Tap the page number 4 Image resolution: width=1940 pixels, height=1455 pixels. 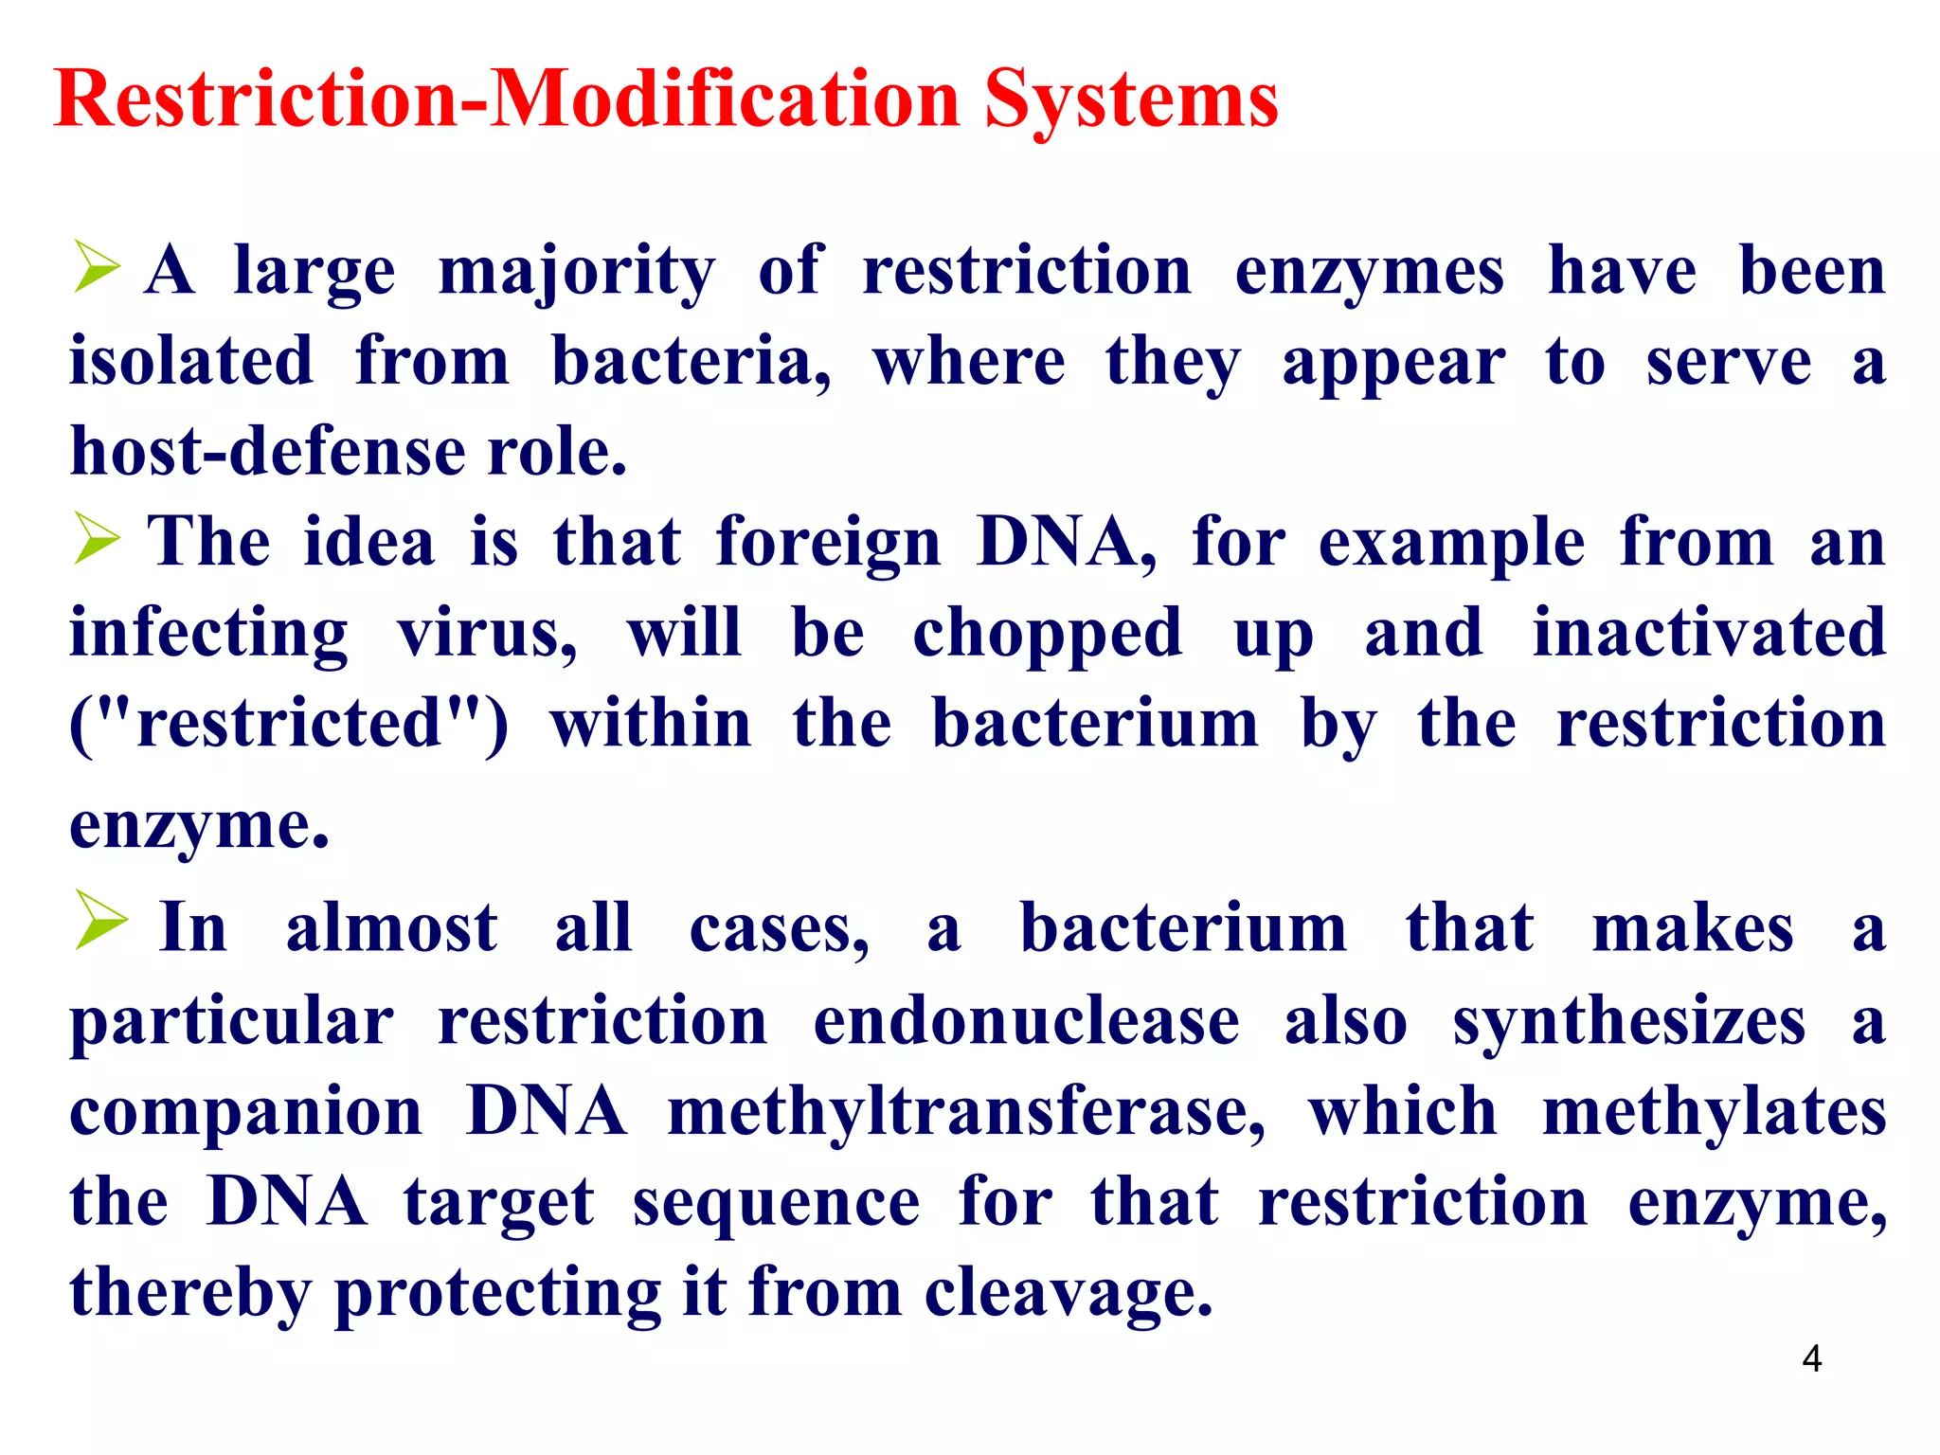[x=1811, y=1359]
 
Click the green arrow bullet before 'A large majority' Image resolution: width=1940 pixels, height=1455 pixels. [x=97, y=267]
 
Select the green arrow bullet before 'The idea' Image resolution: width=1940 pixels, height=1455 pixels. [x=97, y=538]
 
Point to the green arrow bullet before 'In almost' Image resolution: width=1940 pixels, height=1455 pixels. [x=99, y=920]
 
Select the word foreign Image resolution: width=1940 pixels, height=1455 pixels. [x=828, y=543]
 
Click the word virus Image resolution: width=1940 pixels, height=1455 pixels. [x=486, y=633]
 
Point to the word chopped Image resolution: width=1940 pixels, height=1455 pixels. [x=1047, y=633]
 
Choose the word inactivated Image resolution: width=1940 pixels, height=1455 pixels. [x=1709, y=633]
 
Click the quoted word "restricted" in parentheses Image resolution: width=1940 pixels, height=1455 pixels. [x=289, y=724]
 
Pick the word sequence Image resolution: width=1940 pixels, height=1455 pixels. [x=776, y=1202]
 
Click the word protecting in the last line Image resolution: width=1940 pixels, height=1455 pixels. [x=497, y=1292]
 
